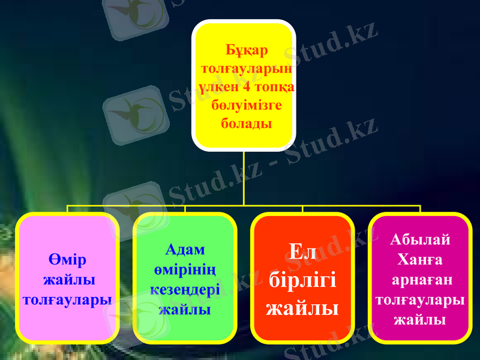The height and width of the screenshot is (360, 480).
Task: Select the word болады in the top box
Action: (x=244, y=124)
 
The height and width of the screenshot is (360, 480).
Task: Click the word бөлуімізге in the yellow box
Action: (x=244, y=106)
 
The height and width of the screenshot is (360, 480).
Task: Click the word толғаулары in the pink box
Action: (x=67, y=298)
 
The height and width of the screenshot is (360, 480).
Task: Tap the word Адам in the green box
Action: (x=185, y=249)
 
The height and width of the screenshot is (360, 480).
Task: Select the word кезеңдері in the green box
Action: (x=185, y=289)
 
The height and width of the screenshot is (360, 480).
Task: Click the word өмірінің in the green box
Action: (x=185, y=269)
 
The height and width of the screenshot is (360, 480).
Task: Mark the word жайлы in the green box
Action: (x=185, y=309)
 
